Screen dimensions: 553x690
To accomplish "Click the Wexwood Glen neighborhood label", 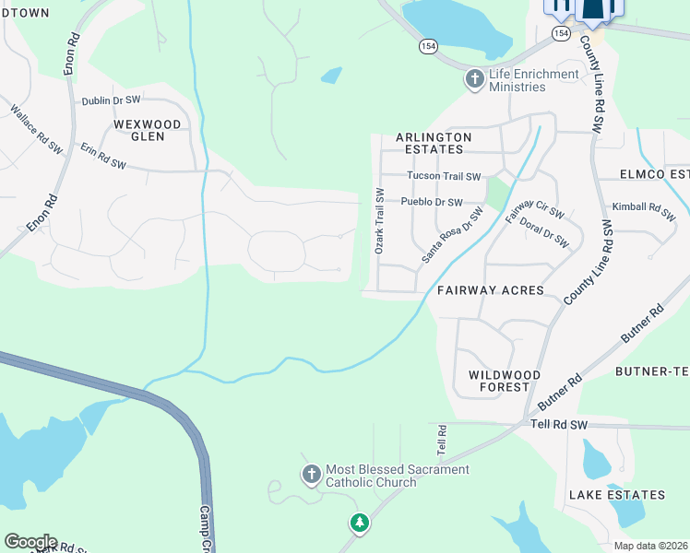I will [147, 130].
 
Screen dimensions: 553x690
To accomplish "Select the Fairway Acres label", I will [491, 290].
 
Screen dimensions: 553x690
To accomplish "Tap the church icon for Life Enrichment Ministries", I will [475, 79].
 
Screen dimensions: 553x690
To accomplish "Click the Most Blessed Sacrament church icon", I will [312, 475].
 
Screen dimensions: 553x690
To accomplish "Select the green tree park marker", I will [359, 524].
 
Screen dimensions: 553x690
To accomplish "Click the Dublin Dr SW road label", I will [111, 100].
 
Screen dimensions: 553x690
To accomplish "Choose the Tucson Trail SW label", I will [444, 176].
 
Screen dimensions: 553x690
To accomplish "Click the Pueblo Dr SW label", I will [431, 202].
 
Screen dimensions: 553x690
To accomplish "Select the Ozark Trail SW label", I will [378, 221].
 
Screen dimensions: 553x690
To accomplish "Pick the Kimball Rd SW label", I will [643, 208].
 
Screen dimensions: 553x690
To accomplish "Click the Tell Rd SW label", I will [559, 425].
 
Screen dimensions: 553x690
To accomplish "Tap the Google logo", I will [30, 542].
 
